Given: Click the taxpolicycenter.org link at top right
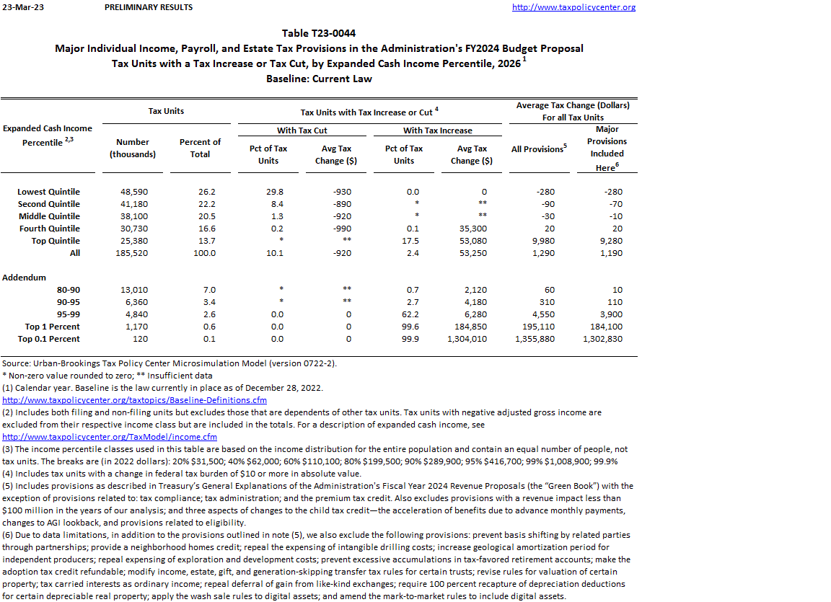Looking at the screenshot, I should pos(573,7).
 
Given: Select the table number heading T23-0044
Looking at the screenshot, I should pos(318,33).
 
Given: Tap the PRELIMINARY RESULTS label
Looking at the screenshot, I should pos(149,7).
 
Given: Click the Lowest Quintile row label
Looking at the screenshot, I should pos(48,192).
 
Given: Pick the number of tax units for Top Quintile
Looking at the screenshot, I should pos(133,241).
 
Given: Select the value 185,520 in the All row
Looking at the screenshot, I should pos(133,253).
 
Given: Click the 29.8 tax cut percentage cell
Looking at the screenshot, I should pos(273,192).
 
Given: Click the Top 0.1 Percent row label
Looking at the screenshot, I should pos(49,339).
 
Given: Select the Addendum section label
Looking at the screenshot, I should pos(24,278).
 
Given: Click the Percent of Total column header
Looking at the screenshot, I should pos(200,148).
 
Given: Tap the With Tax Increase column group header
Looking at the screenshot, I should pos(437,130).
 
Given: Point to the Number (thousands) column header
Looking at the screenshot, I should pos(133,148).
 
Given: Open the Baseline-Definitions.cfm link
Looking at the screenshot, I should pos(135,400).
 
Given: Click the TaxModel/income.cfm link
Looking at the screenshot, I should pos(110,437).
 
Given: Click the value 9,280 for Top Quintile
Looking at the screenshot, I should pos(610,241).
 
